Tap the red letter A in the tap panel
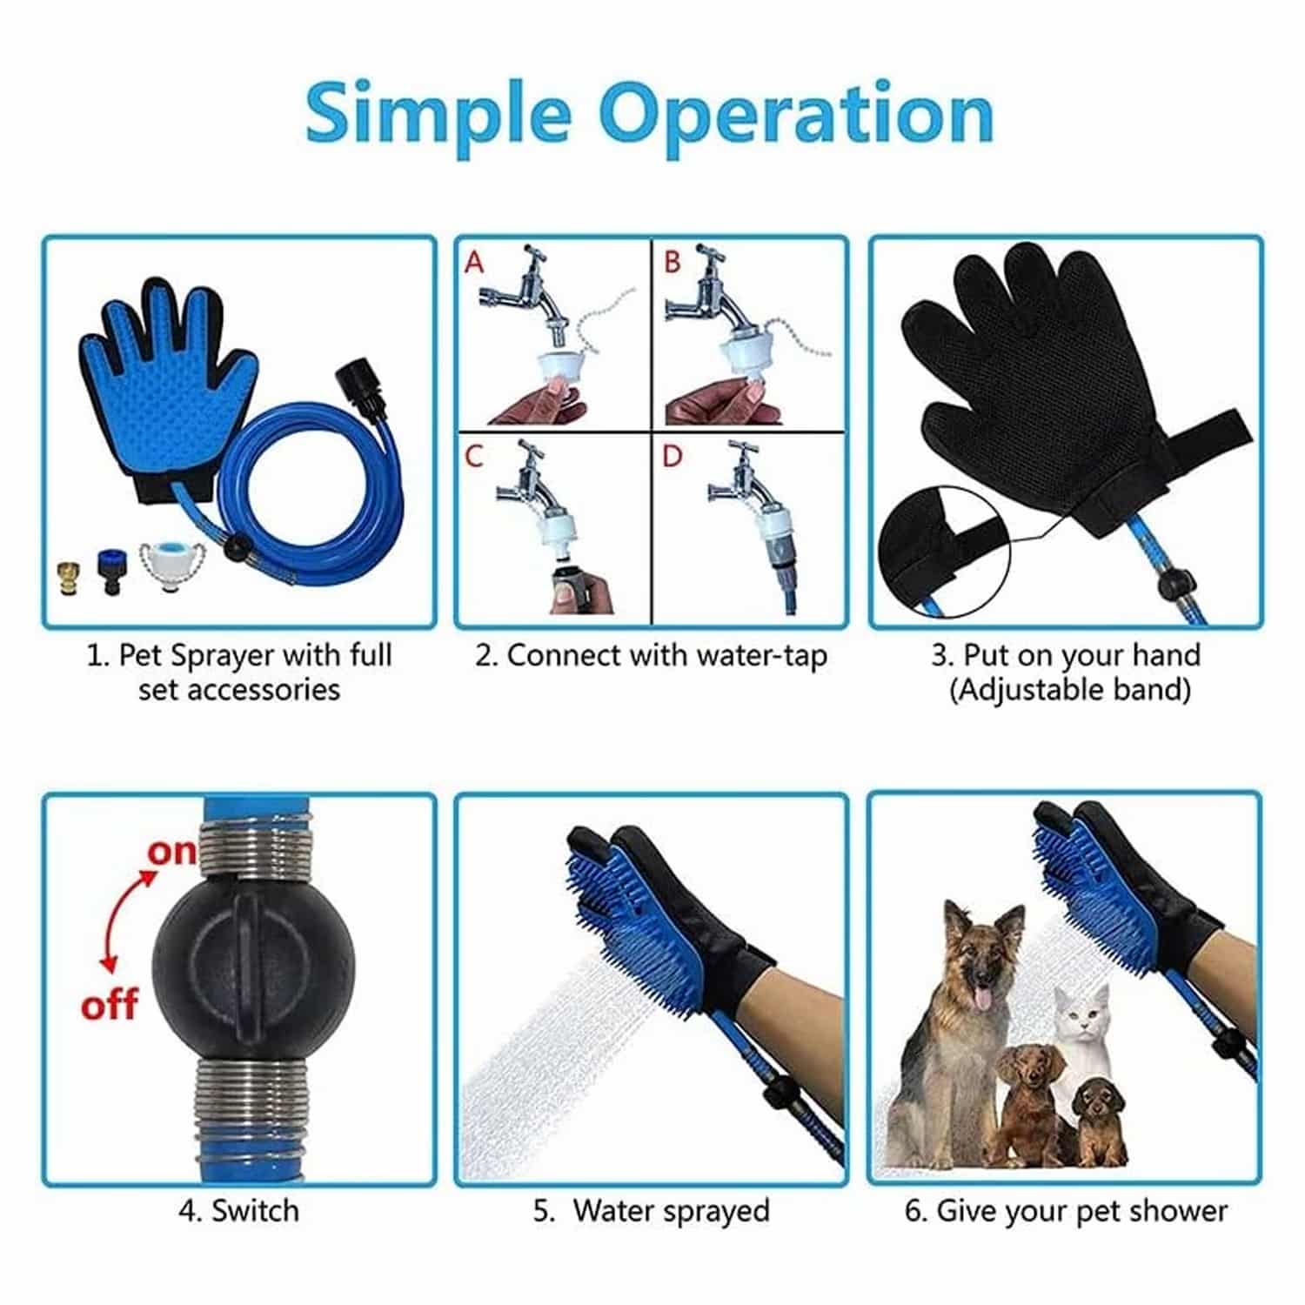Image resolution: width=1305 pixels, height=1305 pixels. pyautogui.click(x=474, y=261)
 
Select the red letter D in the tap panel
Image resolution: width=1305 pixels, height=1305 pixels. pyautogui.click(x=672, y=455)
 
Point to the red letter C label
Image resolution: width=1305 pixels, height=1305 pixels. pyautogui.click(x=474, y=455)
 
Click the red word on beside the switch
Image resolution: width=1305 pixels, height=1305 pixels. pyautogui.click(x=171, y=853)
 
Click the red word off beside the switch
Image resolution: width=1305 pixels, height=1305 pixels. pyautogui.click(x=109, y=1005)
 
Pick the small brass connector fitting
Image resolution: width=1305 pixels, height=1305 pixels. pyautogui.click(x=65, y=577)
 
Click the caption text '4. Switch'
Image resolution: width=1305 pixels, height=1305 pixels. pyautogui.click(x=238, y=1210)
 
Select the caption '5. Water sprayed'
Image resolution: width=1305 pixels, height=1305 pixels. pyautogui.click(x=652, y=1210)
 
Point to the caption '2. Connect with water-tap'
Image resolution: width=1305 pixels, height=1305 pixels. pyautogui.click(x=651, y=656)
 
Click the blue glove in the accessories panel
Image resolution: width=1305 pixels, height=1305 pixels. pyautogui.click(x=168, y=387)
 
